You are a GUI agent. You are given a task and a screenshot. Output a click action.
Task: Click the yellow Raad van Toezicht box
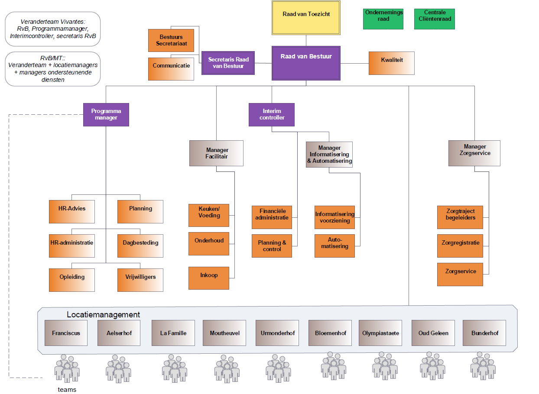pyautogui.click(x=306, y=17)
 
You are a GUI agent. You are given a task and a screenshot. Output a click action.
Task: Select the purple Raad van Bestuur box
pyautogui.click(x=306, y=63)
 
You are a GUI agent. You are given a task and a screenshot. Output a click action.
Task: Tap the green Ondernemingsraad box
pyautogui.click(x=383, y=19)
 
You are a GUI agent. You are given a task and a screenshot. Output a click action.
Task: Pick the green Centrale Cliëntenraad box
pyautogui.click(x=434, y=19)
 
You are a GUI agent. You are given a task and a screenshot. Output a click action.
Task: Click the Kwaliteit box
pyautogui.click(x=391, y=63)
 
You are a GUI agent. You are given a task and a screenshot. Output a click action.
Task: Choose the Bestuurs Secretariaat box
pyautogui.click(x=171, y=40)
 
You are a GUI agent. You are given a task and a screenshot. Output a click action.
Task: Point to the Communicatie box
pyautogui.click(x=171, y=69)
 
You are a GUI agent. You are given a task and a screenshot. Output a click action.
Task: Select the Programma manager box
pyautogui.click(x=106, y=114)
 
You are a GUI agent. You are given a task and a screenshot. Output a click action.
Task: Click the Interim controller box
pyautogui.click(x=271, y=114)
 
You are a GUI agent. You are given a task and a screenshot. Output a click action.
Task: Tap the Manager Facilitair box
pyautogui.click(x=216, y=153)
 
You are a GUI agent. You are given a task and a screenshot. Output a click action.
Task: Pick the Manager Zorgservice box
pyautogui.click(x=474, y=153)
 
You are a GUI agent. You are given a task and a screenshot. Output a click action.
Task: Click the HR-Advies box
pyautogui.click(x=71, y=211)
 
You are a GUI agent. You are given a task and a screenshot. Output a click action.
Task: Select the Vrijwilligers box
pyautogui.click(x=140, y=280)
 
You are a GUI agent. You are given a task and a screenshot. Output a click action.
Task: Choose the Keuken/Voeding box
pyautogui.click(x=209, y=215)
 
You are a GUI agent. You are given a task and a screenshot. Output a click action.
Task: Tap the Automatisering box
pyautogui.click(x=334, y=246)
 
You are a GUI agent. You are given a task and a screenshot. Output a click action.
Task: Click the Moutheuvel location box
pyautogui.click(x=224, y=333)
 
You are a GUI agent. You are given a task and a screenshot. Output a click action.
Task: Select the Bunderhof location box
pyautogui.click(x=484, y=333)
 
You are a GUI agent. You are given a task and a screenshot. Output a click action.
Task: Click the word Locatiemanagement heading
pyautogui.click(x=103, y=315)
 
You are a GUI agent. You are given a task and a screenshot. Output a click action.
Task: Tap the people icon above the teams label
pyautogui.click(x=67, y=368)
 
